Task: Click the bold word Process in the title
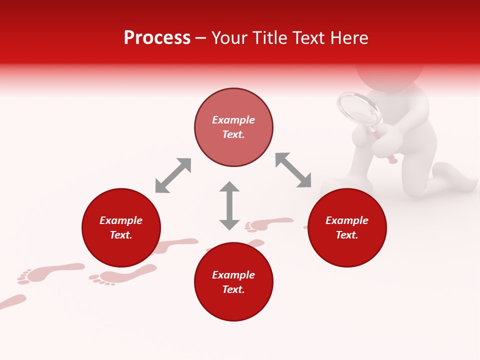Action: click(157, 38)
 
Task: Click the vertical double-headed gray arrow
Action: click(229, 205)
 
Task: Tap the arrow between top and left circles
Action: click(173, 175)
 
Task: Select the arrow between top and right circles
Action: click(293, 170)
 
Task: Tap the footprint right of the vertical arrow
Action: click(270, 223)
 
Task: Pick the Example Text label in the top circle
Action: click(233, 127)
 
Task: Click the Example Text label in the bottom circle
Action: click(233, 282)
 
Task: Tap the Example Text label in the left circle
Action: click(121, 227)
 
